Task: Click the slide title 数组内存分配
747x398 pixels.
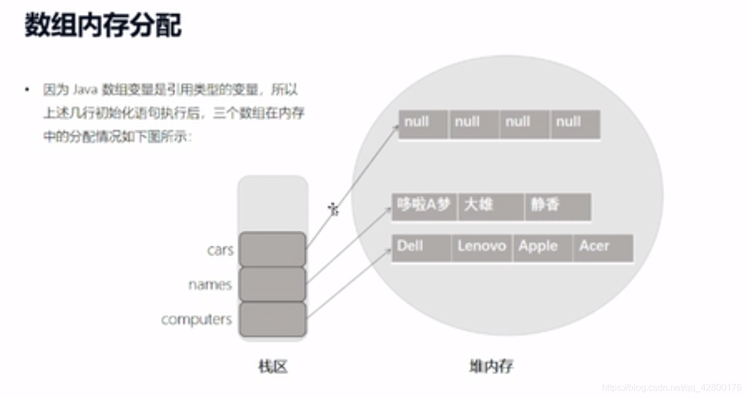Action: click(x=103, y=26)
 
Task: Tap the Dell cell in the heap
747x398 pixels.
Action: click(x=421, y=248)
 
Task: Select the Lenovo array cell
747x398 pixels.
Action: click(x=482, y=248)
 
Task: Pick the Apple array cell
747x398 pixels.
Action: click(x=542, y=248)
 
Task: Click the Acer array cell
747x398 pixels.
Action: click(x=603, y=248)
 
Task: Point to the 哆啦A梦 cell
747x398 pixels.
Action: click(x=424, y=206)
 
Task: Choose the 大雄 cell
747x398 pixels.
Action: click(x=491, y=206)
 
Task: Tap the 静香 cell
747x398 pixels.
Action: click(x=557, y=206)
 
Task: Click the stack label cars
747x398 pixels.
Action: click(x=220, y=251)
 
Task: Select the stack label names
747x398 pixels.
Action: click(x=210, y=285)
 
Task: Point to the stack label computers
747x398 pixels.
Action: click(x=196, y=319)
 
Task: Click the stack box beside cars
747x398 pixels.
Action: click(x=272, y=249)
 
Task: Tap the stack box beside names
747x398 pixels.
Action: click(x=272, y=284)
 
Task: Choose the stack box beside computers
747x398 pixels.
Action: click(x=272, y=319)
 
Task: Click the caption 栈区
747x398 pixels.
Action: click(x=273, y=367)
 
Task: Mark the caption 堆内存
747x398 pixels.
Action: click(x=491, y=366)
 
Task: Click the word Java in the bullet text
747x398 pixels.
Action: click(x=84, y=90)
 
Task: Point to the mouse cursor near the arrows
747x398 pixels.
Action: click(x=333, y=209)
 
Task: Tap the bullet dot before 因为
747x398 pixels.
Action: click(x=26, y=90)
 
